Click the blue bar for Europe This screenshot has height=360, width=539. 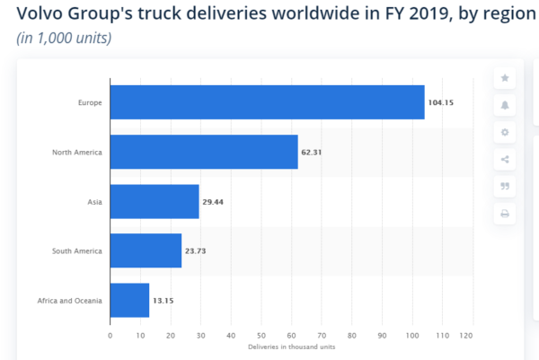tap(267, 102)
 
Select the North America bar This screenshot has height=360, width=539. tap(204, 152)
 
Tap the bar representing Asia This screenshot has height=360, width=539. tap(155, 202)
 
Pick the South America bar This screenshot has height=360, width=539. tap(146, 250)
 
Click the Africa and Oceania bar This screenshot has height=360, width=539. tap(129, 300)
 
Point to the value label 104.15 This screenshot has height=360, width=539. tap(441, 102)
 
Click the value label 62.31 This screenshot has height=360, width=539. tap(312, 152)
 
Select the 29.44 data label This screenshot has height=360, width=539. tap(213, 202)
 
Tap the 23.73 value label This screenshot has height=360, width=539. tap(196, 250)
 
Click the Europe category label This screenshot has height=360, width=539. tap(90, 102)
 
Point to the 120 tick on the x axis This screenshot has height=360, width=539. tap(466, 337)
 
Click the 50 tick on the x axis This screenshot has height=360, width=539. tap(261, 337)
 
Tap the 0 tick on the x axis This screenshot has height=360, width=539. tap(110, 337)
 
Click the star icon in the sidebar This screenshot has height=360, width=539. tap(505, 78)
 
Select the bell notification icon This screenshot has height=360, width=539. tap(505, 105)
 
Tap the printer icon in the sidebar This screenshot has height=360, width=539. tap(505, 214)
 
